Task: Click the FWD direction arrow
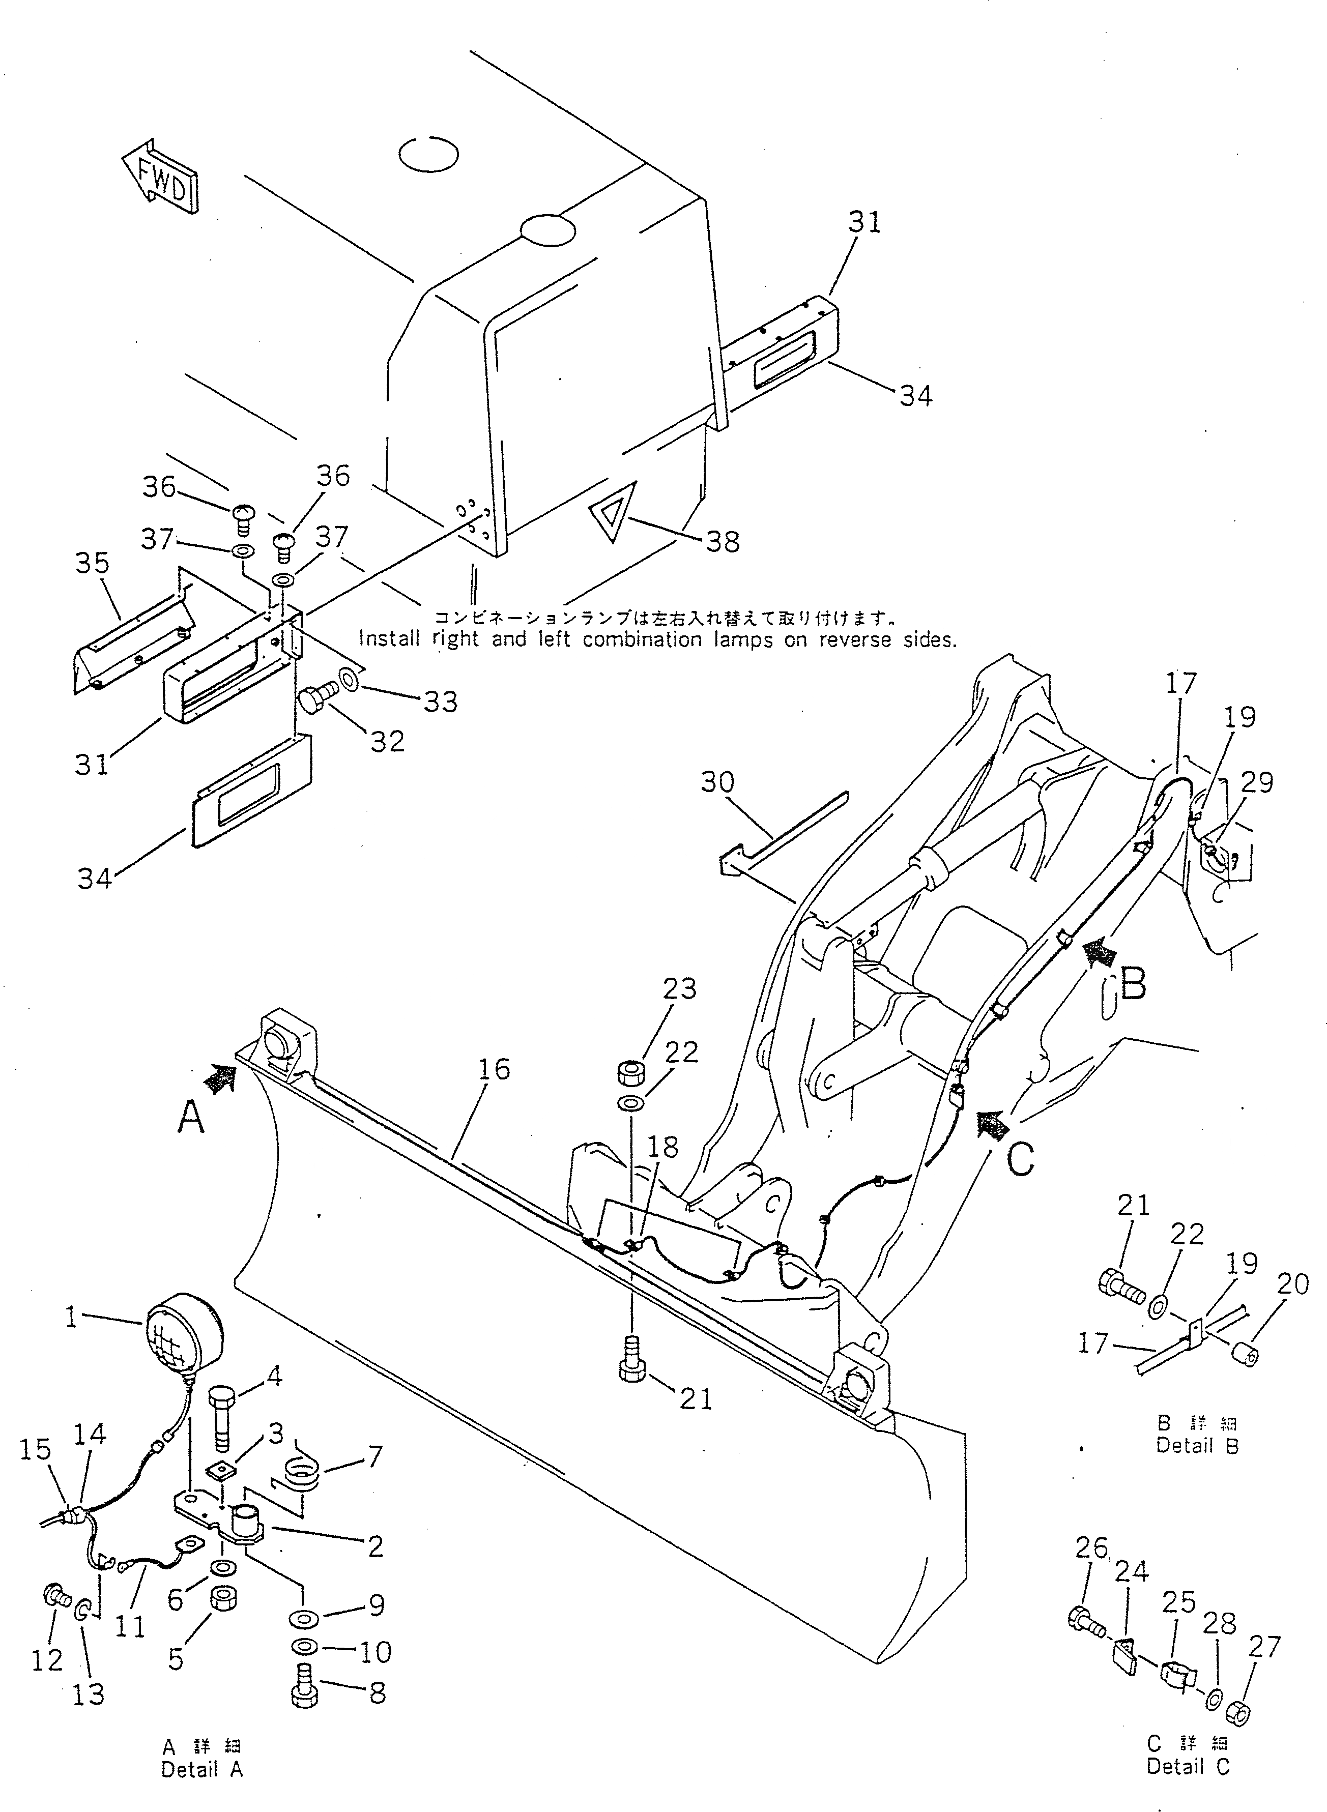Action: click(161, 177)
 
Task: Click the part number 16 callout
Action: click(495, 1069)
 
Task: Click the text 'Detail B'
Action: click(1197, 1446)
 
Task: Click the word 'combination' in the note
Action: click(631, 640)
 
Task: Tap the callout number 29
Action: click(1256, 781)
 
